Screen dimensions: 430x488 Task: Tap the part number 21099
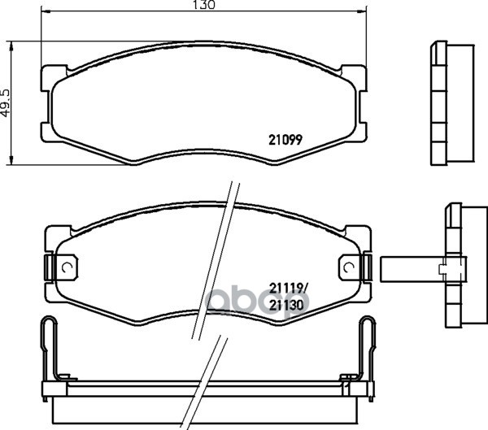pyautogui.click(x=285, y=137)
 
